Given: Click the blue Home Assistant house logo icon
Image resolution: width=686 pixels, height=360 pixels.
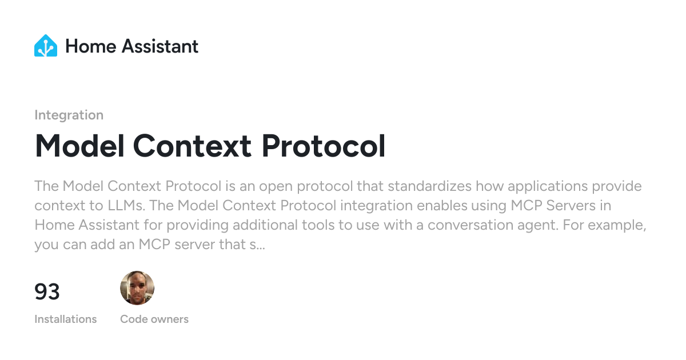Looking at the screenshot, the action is pos(46,46).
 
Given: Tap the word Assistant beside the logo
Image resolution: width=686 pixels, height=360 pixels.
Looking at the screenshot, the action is pos(160,46).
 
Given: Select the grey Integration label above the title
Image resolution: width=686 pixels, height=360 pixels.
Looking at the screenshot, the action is pos(69,115).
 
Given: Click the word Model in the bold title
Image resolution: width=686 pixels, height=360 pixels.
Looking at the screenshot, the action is pos(79,146).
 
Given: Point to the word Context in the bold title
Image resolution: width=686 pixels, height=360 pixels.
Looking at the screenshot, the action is pos(192,146).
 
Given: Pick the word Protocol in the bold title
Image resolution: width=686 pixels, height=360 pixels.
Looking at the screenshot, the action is pos(324,146).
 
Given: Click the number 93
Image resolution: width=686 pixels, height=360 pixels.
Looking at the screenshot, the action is pos(47,291).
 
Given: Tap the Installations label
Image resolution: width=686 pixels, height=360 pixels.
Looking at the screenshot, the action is pos(66,319).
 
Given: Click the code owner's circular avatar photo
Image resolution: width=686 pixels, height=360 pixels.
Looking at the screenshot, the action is pos(137,288).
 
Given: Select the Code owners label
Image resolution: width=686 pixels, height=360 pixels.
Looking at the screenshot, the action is pos(154,319).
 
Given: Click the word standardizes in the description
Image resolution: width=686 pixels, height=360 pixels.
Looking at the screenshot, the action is pos(429,186).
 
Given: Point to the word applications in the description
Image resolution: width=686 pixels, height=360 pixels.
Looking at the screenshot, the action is pos(548,187).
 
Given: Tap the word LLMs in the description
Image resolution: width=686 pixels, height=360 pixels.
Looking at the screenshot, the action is pos(126,205).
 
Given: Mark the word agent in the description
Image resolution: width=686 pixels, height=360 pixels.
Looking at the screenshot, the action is pos(537,226).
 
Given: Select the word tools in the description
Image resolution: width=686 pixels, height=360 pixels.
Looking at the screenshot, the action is pos(318,225).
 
